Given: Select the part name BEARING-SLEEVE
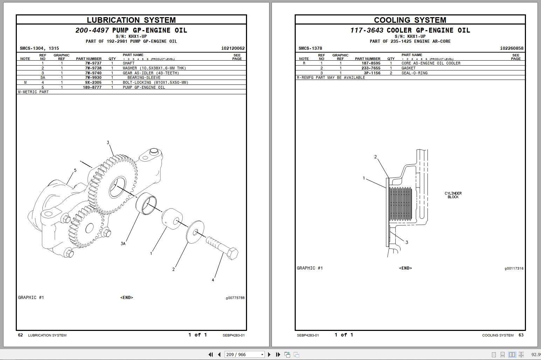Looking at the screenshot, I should click(144, 77).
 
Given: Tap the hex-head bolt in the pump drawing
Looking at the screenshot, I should click(222, 247).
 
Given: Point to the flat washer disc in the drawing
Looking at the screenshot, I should click(196, 231).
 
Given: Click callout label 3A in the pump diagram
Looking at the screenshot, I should click(123, 243).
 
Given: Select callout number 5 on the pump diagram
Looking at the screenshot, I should click(75, 170).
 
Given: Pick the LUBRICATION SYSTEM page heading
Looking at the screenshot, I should click(131, 20).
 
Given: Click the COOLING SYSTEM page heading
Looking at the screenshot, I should click(410, 20).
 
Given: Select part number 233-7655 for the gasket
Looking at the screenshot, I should click(371, 68).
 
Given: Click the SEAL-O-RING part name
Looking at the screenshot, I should click(415, 73).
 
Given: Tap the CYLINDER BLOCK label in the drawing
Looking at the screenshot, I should click(453, 195).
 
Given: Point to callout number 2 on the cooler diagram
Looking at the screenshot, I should click(376, 157).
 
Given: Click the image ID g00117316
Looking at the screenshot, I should click(514, 269).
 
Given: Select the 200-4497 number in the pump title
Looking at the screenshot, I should click(92, 30).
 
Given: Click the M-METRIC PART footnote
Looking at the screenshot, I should click(33, 92).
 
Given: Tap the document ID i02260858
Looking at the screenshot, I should click(512, 48).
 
